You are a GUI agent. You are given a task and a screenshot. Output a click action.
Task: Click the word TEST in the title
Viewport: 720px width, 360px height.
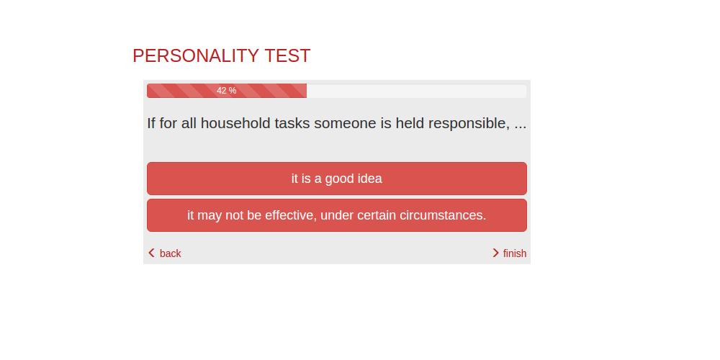coord(287,56)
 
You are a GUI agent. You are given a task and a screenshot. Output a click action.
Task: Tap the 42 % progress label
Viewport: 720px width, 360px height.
coord(226,91)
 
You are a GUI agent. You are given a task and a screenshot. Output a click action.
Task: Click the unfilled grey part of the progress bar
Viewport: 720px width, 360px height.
coord(416,91)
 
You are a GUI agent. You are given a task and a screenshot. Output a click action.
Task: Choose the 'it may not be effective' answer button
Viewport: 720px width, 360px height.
coord(336,215)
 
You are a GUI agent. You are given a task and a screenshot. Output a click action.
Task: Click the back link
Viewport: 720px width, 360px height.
coord(171,253)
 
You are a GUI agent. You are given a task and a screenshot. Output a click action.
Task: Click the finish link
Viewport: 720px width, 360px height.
coord(515,253)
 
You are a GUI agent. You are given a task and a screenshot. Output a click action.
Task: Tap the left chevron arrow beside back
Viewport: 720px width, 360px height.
coord(151,253)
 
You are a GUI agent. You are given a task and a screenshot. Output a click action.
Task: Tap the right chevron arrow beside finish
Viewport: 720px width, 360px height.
coord(495,253)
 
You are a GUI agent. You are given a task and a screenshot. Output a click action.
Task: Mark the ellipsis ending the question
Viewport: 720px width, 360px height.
coord(521,128)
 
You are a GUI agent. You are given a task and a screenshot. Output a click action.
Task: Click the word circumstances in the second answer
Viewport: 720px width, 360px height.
coord(443,215)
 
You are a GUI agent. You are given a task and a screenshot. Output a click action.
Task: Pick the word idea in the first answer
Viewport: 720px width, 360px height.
coord(369,178)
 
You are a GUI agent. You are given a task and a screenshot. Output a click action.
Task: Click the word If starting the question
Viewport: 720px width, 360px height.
coord(151,123)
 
